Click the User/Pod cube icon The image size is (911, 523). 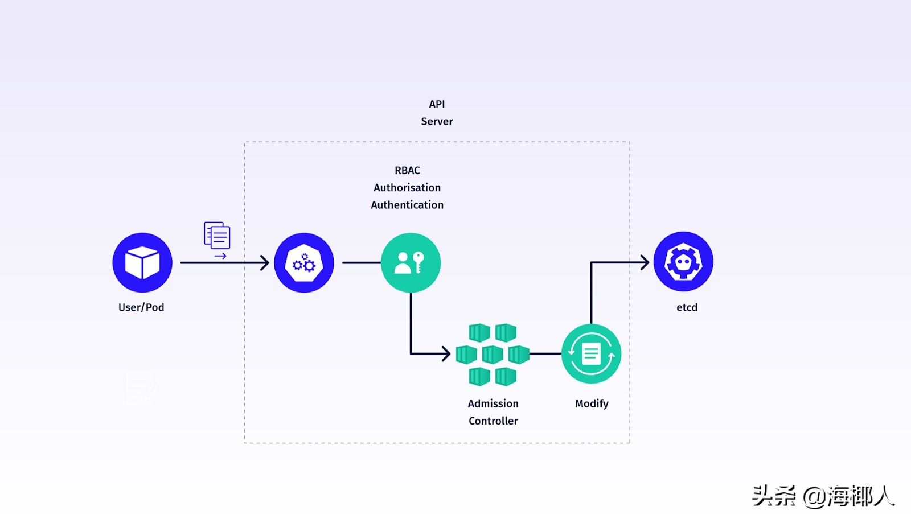pos(142,262)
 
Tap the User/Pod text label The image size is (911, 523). pos(141,307)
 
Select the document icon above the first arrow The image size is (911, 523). pos(217,236)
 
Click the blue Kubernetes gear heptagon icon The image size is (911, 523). pos(304,262)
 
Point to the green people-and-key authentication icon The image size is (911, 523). pos(411,262)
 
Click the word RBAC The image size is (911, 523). pos(407,170)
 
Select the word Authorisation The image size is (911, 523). pos(407,187)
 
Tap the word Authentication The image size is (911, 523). pos(407,205)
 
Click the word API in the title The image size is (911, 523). pos(437,104)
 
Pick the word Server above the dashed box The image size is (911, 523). pos(437,121)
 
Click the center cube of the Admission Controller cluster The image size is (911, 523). pos(493,355)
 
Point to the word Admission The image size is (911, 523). pos(493,403)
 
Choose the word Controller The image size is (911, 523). pos(493,421)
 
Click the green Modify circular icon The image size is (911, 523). pos(591,353)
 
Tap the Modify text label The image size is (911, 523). pos(592,403)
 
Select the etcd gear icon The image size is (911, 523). pos(683,262)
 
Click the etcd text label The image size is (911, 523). pos(687,307)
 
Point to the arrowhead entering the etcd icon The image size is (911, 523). pos(645,262)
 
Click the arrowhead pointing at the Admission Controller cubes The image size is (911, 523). pos(446,354)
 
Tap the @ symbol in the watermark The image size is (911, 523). pos(814,497)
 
